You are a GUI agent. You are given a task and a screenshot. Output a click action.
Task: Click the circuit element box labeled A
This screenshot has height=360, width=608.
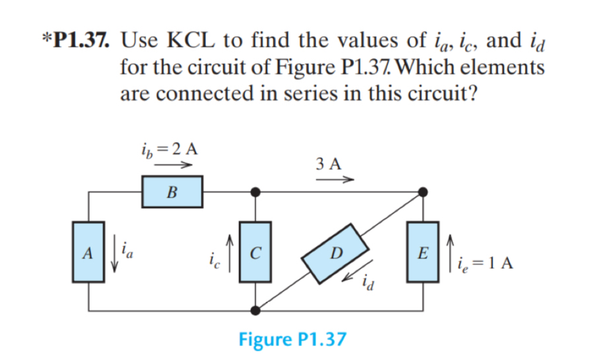tap(88, 252)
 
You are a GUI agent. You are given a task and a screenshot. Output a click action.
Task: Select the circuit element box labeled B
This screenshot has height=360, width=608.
tap(172, 192)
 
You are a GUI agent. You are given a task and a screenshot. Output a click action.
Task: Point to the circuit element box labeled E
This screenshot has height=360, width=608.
tap(422, 252)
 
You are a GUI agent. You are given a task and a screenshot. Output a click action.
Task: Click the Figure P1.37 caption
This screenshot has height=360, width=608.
tap(292, 340)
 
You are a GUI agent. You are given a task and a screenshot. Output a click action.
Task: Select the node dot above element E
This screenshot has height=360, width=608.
tap(422, 192)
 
